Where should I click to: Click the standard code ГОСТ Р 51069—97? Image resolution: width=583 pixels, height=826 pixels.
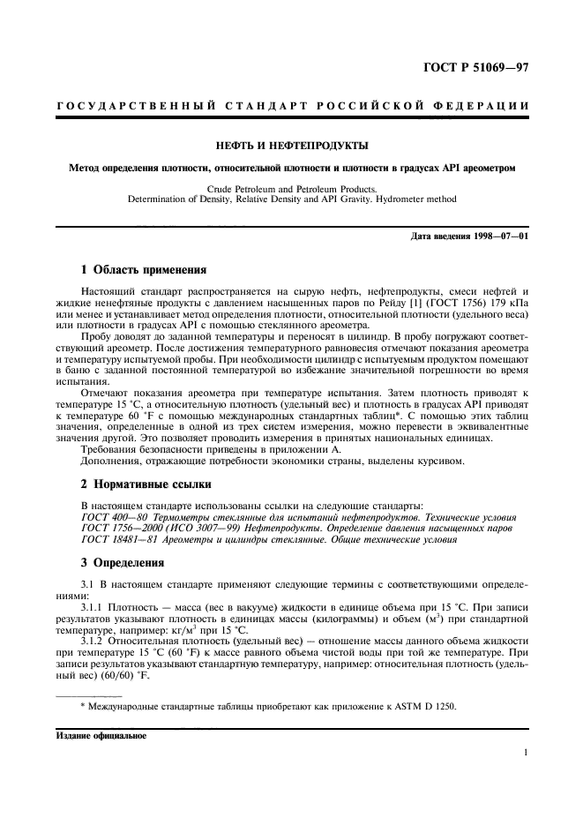tap(473, 67)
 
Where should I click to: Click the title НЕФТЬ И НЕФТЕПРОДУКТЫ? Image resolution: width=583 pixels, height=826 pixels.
tap(292, 145)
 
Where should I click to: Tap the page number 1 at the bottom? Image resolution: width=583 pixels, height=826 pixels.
tap(525, 753)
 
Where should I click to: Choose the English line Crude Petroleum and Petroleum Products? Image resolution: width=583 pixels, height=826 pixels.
tap(291, 189)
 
